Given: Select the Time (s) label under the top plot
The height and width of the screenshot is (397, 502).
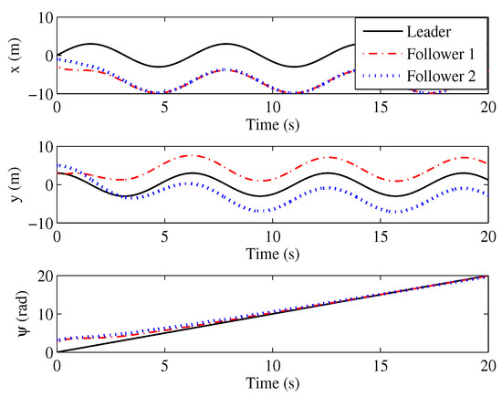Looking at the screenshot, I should tap(271, 120).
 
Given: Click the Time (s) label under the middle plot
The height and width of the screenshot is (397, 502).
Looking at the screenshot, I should tap(271, 250).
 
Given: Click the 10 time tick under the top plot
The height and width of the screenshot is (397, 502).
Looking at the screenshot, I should tap(271, 105).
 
